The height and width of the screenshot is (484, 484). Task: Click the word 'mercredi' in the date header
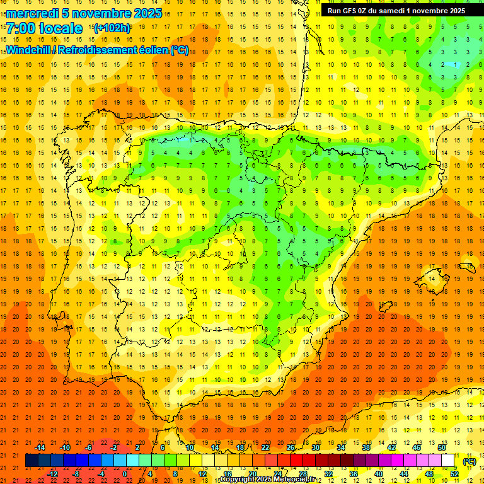[x=33, y=13]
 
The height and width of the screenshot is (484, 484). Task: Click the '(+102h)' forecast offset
[x=112, y=28]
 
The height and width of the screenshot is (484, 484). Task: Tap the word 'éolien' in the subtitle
[x=153, y=50]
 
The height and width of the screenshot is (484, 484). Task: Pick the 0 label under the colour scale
[x=125, y=473]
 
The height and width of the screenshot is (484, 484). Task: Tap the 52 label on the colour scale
[x=454, y=473]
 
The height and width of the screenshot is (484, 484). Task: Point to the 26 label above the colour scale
[x=290, y=447]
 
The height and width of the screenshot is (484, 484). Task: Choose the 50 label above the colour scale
[x=441, y=447]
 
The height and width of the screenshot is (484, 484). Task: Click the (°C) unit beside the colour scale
[x=469, y=461]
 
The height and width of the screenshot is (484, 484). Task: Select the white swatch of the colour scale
[x=448, y=461]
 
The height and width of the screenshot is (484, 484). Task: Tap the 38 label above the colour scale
[x=366, y=447]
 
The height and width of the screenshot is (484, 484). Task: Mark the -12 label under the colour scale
[x=53, y=473]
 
